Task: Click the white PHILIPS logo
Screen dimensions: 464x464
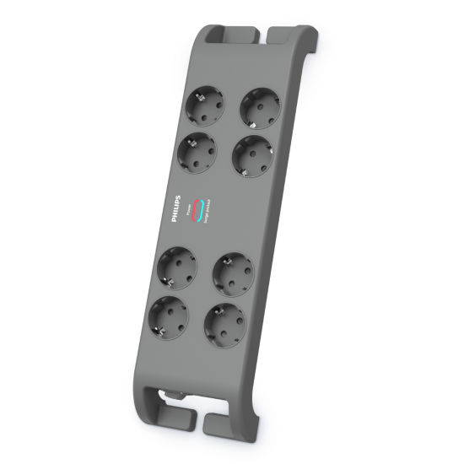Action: [175, 208]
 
